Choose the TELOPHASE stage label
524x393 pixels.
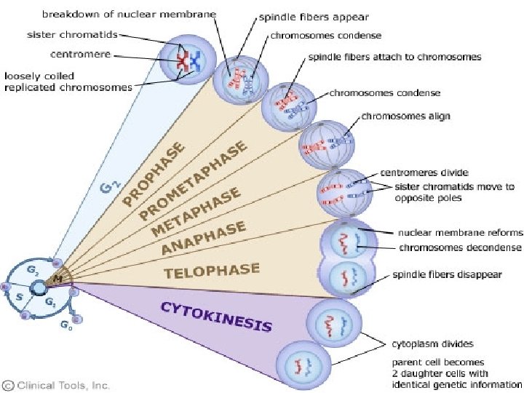click(x=211, y=271)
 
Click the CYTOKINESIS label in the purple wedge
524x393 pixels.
click(x=216, y=317)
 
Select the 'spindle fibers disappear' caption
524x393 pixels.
click(x=446, y=275)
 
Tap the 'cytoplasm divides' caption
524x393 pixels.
click(x=433, y=344)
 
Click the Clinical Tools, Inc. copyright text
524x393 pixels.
click(x=56, y=384)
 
